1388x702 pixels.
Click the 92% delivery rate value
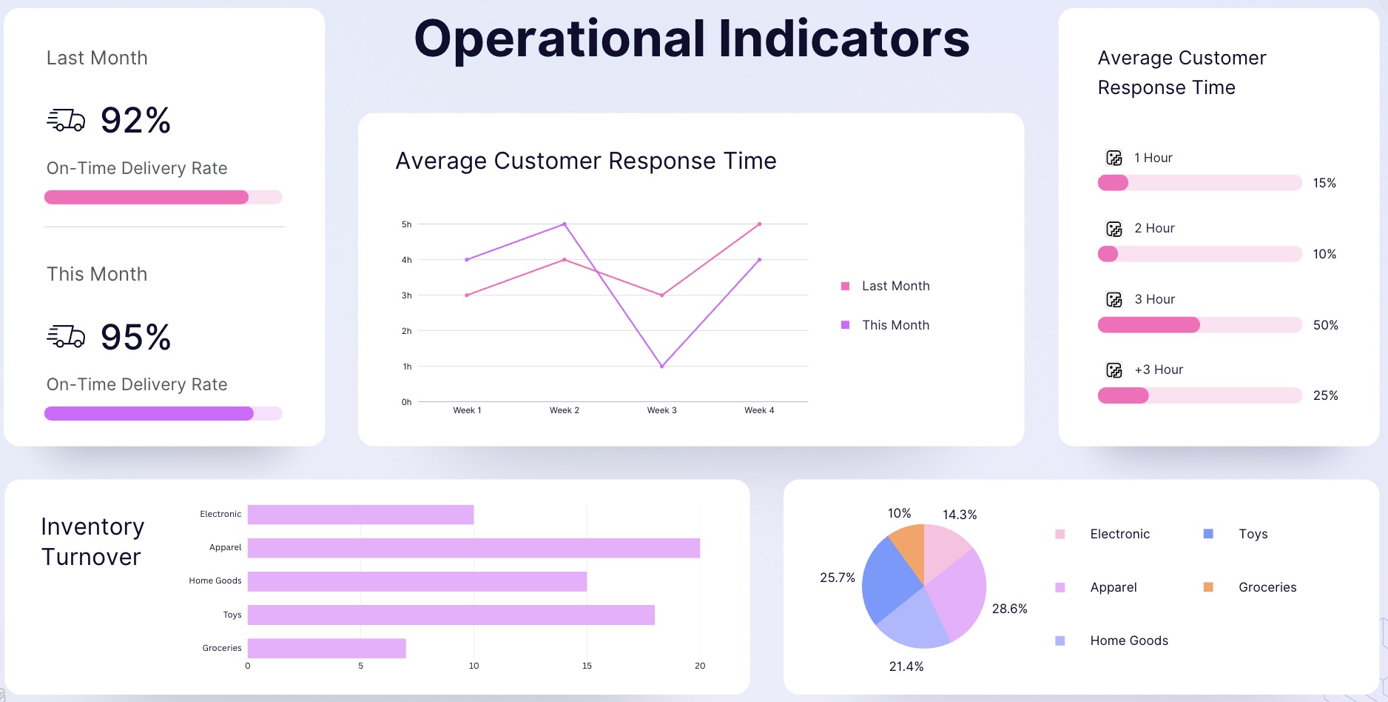[135, 120]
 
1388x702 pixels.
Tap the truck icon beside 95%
[66, 337]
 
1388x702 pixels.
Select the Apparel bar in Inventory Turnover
[474, 548]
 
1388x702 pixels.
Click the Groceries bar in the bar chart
[326, 648]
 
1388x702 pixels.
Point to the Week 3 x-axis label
[661, 410]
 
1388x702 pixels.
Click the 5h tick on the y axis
[406, 224]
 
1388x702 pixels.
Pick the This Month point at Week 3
[661, 366]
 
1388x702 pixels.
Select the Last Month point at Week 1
[467, 295]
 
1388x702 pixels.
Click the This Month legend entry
[895, 325]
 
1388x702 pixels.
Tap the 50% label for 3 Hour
[1325, 325]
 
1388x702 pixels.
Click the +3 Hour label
[1159, 370]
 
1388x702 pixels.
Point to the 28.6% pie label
[1009, 609]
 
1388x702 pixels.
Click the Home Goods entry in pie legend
[1128, 641]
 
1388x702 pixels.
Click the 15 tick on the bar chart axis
[587, 666]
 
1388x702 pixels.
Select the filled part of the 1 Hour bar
[1113, 183]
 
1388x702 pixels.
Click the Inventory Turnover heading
[92, 541]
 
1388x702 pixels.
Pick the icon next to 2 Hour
[1114, 229]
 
